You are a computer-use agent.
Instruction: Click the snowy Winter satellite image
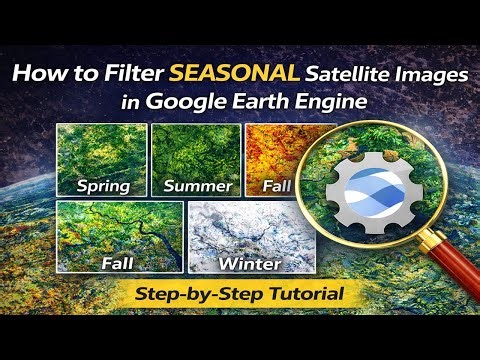[246, 235]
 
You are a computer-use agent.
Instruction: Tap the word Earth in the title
[256, 100]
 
